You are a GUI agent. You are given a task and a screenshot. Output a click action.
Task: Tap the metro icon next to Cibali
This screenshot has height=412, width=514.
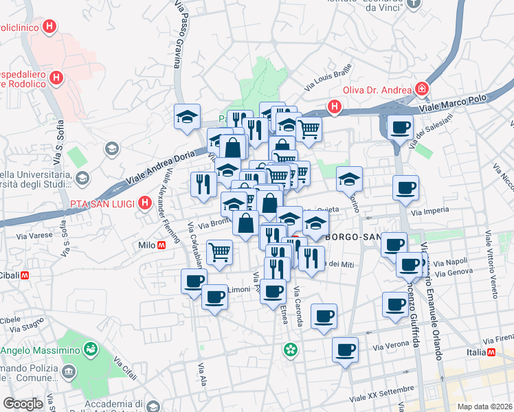coord(24,275)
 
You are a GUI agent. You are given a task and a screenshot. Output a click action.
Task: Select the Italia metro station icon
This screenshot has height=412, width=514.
coord(491,353)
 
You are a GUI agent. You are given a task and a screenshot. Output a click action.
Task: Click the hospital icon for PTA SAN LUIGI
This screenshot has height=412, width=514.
coord(144,203)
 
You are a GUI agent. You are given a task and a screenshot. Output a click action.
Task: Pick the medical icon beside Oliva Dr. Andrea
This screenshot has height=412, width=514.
coord(421,89)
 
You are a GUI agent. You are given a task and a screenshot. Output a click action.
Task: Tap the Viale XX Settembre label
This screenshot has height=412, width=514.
coord(383,393)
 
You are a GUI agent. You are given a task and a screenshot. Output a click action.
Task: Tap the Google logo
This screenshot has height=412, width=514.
coord(22,404)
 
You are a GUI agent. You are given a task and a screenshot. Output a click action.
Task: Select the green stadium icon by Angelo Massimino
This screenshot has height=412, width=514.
coord(90,350)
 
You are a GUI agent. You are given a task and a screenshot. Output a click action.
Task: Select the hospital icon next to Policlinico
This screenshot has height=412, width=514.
coord(49,27)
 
